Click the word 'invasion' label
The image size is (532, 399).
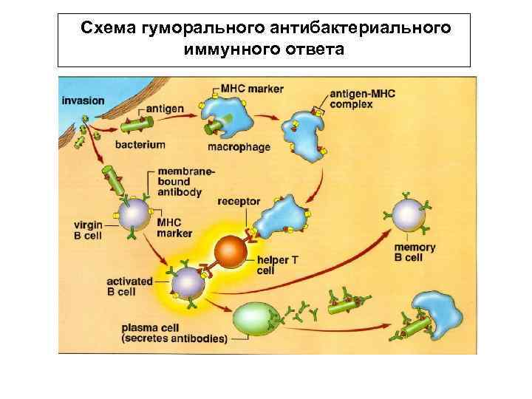[83, 101]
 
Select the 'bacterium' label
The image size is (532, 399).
[140, 145]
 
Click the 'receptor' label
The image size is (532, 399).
[239, 201]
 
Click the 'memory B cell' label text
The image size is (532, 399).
[415, 253]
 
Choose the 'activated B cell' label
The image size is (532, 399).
[130, 286]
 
